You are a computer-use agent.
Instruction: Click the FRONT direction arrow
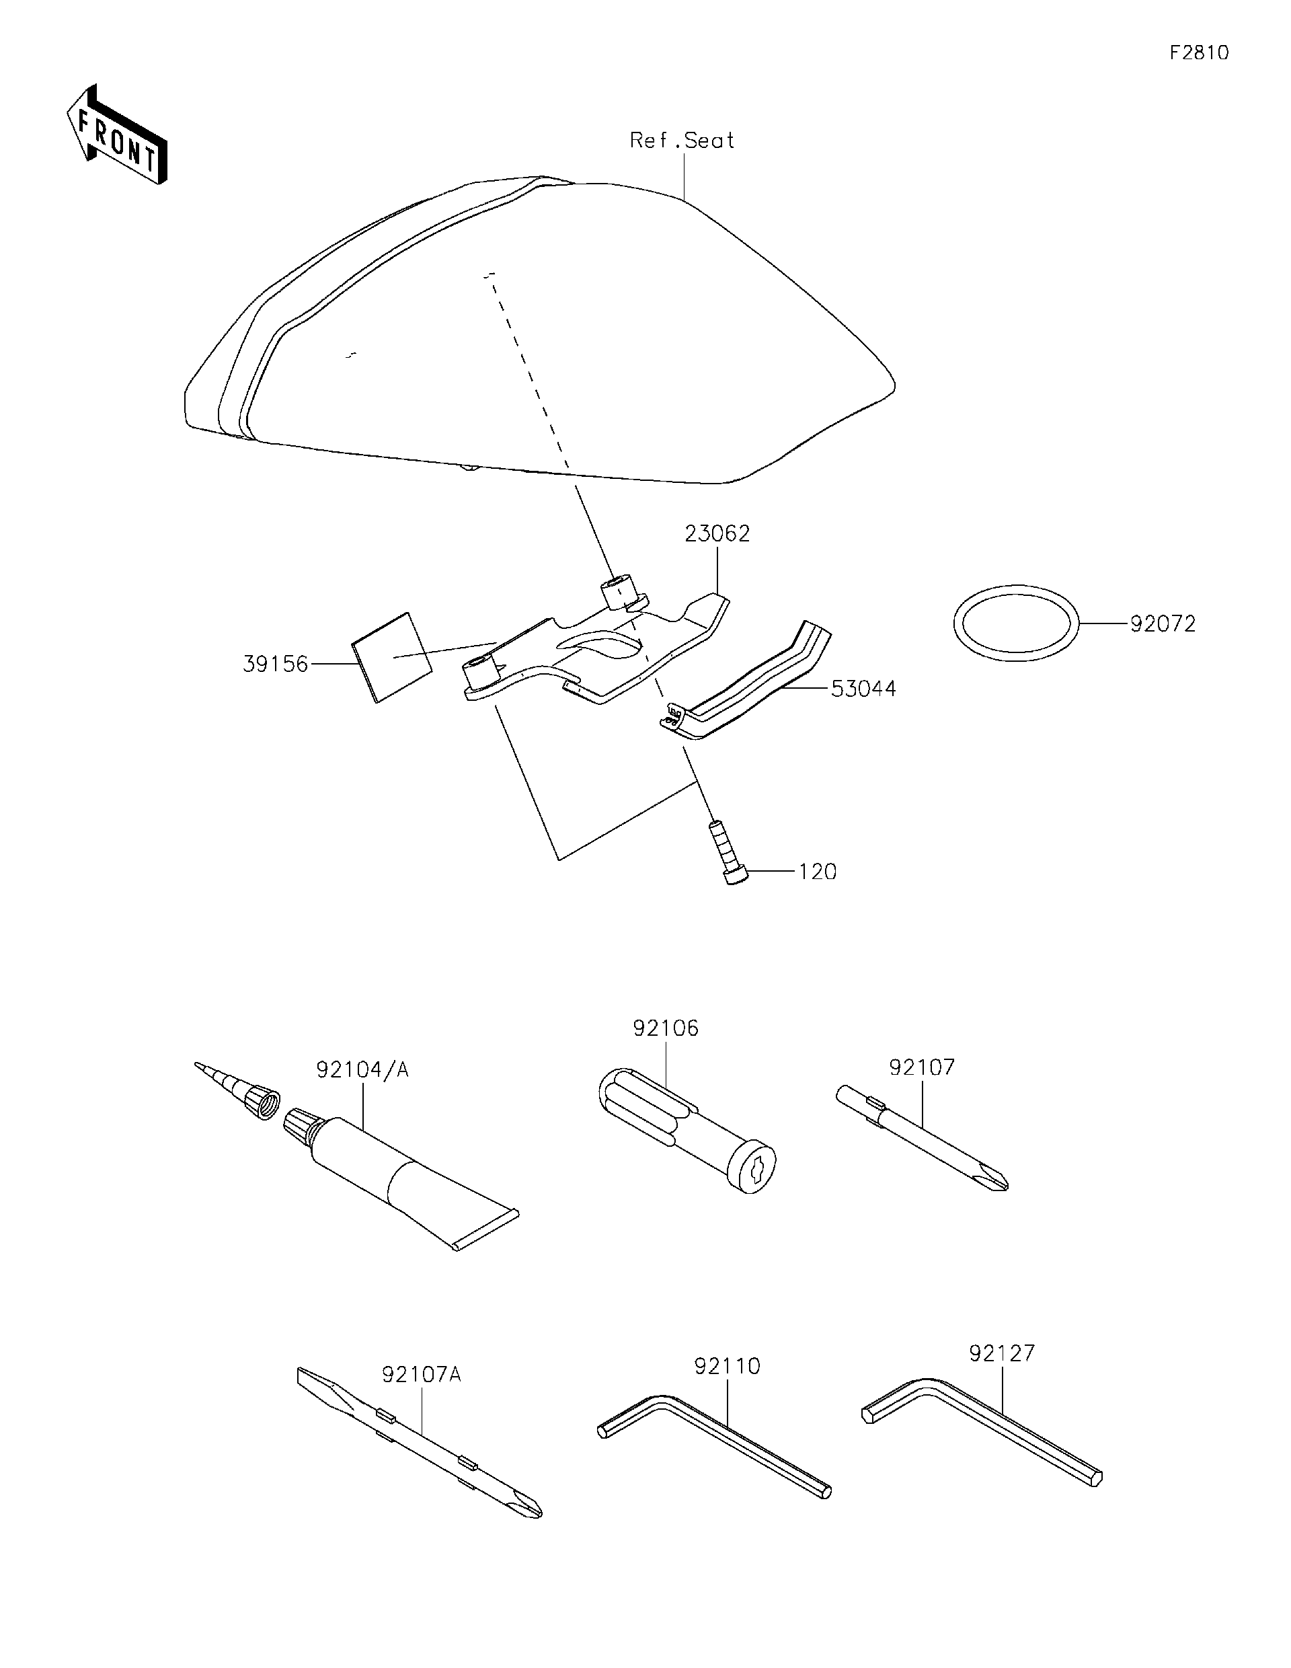coord(116,135)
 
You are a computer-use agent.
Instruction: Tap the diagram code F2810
coord(1199,52)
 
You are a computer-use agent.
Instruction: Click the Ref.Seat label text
coord(681,141)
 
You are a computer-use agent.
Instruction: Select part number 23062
coord(717,533)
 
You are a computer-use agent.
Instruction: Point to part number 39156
coord(275,664)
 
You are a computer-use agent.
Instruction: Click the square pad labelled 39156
coord(391,655)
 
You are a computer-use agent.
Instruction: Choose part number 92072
coord(1162,624)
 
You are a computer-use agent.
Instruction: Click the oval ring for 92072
coord(1015,623)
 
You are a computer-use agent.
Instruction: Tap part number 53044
coord(863,688)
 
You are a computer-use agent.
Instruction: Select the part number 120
coord(818,872)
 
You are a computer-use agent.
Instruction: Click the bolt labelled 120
coord(728,852)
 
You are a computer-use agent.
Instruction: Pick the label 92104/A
coord(362,1070)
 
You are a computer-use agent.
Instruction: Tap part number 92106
coord(666,1028)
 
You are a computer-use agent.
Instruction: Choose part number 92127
coord(1002,1353)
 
